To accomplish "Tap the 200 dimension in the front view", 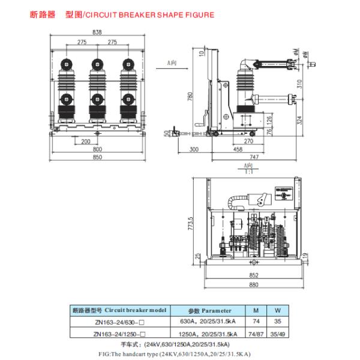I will click(x=86, y=141).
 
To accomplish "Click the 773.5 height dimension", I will click(x=191, y=227).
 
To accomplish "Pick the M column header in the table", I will click(x=257, y=311).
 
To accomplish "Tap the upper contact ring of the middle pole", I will click(x=94, y=62).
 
